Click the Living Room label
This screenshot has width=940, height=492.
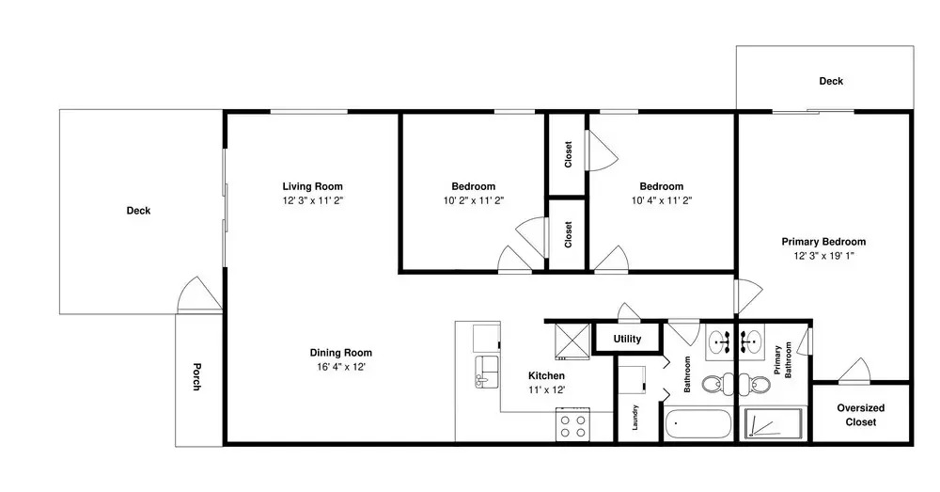pyautogui.click(x=312, y=186)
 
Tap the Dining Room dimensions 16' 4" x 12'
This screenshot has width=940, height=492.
pyautogui.click(x=341, y=367)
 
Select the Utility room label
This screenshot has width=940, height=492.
pyautogui.click(x=627, y=339)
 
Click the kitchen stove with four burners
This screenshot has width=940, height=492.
pyautogui.click(x=572, y=425)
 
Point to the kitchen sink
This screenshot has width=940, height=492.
pyautogui.click(x=487, y=372)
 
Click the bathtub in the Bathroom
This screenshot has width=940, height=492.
pyautogui.click(x=697, y=425)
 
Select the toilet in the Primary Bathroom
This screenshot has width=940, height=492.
pyautogui.click(x=755, y=384)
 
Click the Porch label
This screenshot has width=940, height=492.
pyautogui.click(x=196, y=377)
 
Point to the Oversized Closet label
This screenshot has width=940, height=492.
pyautogui.click(x=861, y=415)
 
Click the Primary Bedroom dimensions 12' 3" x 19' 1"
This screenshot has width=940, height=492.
pyautogui.click(x=823, y=256)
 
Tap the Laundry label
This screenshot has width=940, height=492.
pyautogui.click(x=634, y=418)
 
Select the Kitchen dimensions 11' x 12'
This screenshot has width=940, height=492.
pyautogui.click(x=547, y=390)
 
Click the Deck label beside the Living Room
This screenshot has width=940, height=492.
pyautogui.click(x=138, y=211)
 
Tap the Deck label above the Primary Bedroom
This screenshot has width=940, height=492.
pyautogui.click(x=831, y=81)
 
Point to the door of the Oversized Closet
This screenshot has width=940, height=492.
pyautogui.click(x=854, y=371)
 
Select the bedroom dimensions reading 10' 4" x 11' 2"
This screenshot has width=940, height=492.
pyautogui.click(x=661, y=201)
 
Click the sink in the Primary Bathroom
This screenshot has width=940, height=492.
pyautogui.click(x=750, y=342)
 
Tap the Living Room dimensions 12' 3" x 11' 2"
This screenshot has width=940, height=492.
pyautogui.click(x=312, y=201)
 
